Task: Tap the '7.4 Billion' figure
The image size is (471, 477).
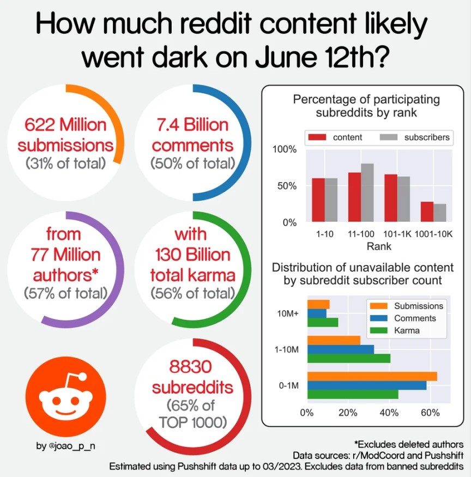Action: click(x=190, y=125)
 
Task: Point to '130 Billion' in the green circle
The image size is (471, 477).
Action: click(x=190, y=255)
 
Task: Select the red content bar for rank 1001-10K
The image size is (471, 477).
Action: click(x=427, y=212)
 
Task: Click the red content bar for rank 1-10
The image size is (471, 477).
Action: click(x=318, y=200)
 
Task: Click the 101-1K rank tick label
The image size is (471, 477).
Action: click(x=397, y=234)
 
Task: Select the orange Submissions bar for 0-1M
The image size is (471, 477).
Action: click(x=372, y=376)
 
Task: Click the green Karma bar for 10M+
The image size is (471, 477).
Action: click(x=323, y=322)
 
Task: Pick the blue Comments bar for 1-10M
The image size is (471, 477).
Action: click(x=341, y=349)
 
